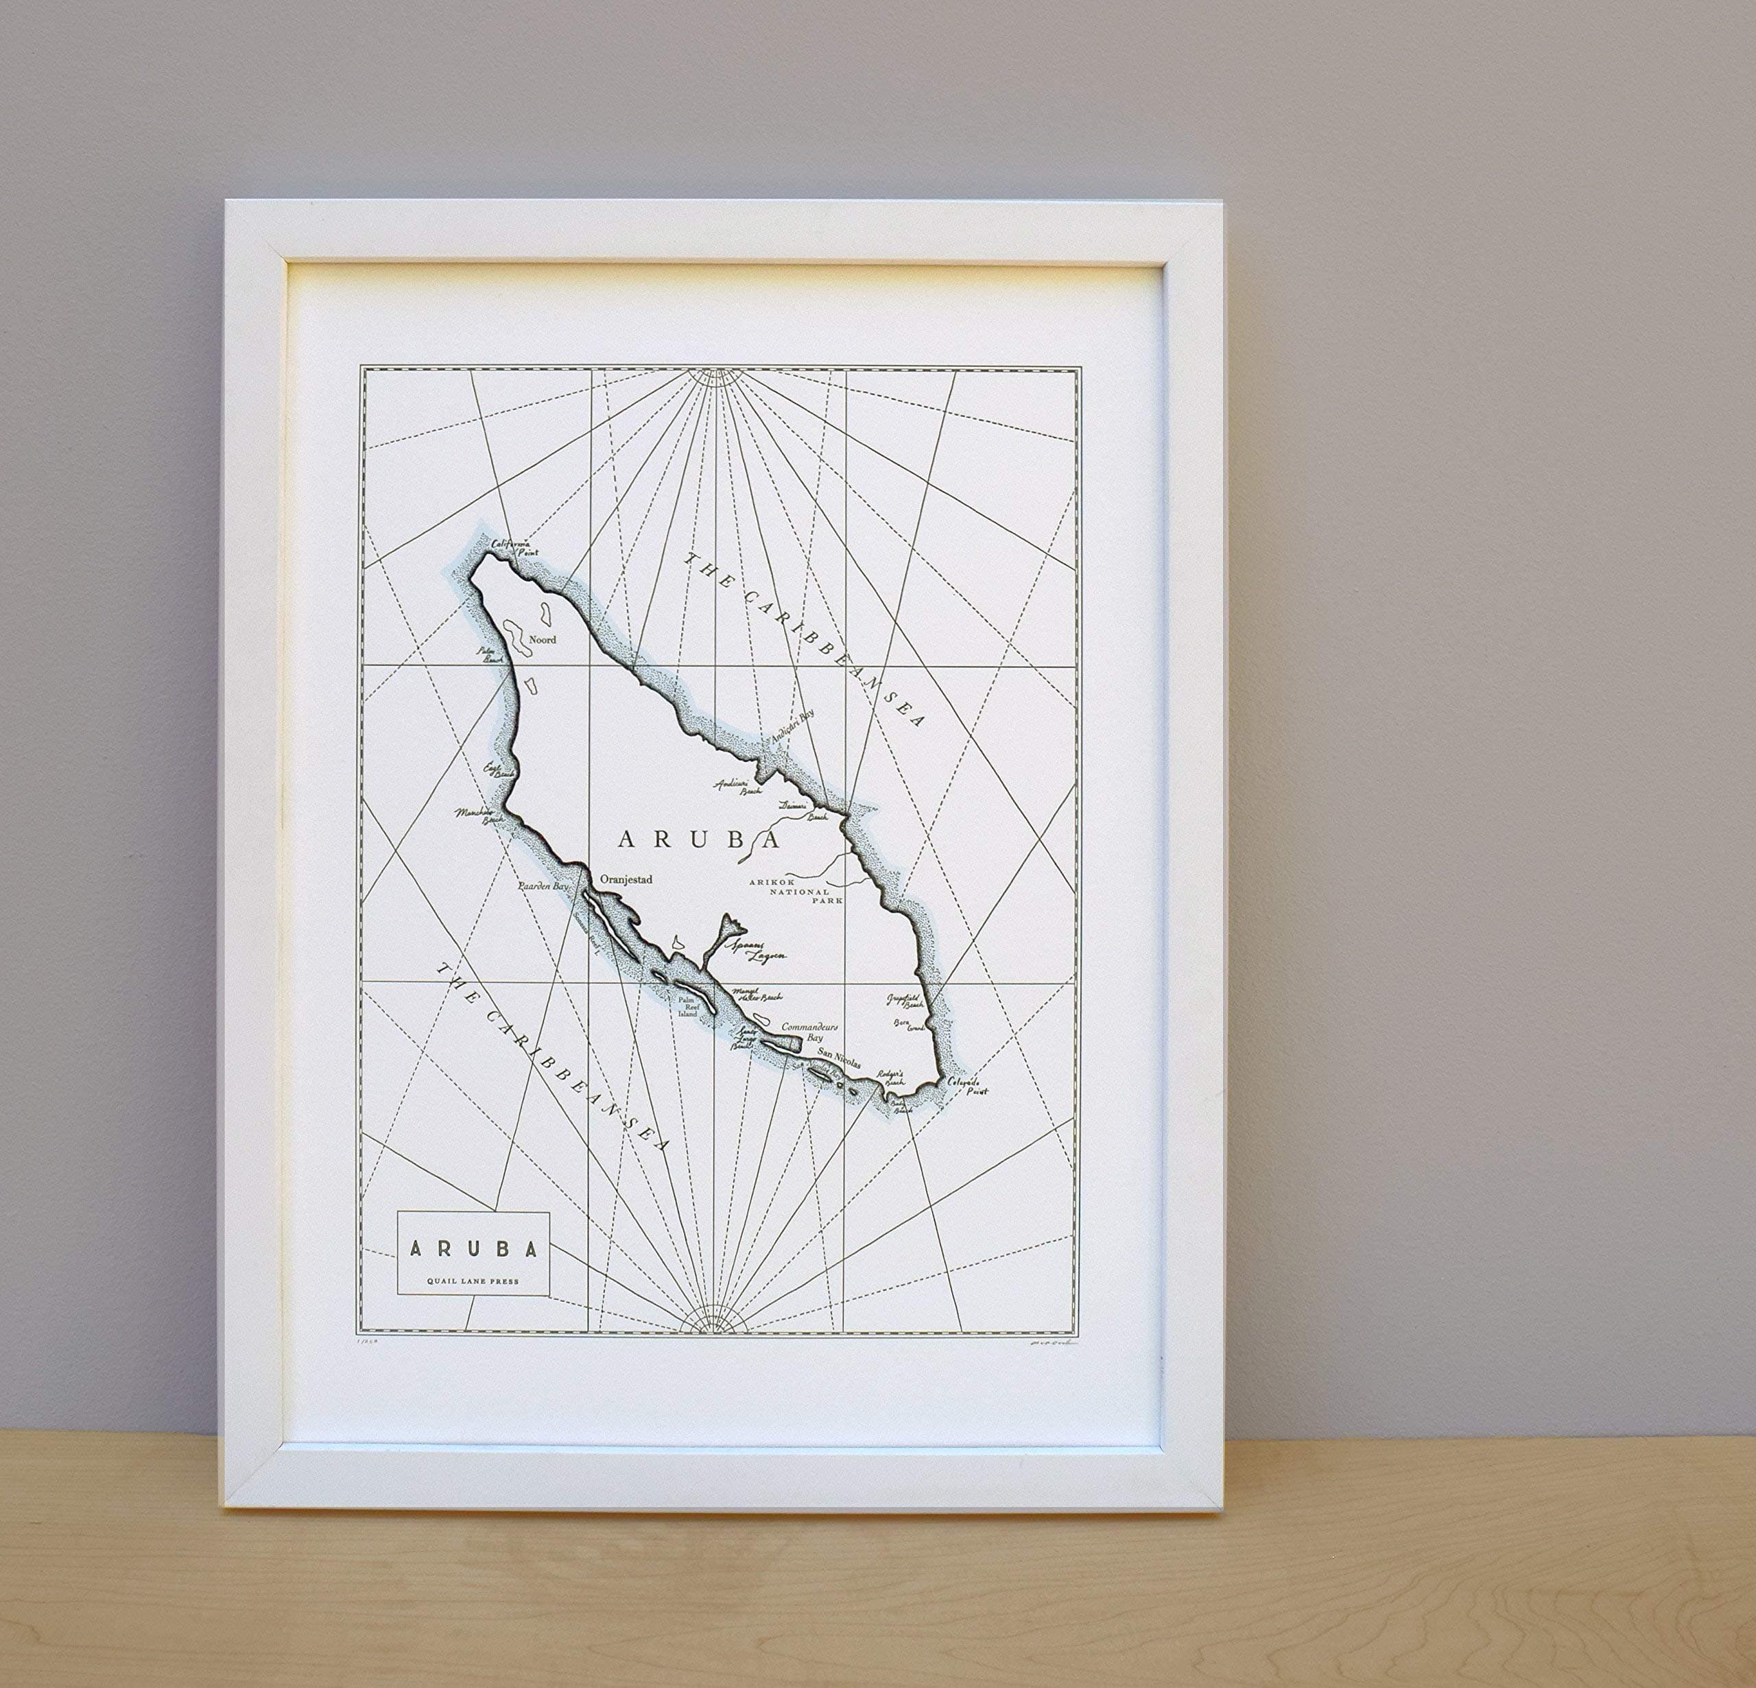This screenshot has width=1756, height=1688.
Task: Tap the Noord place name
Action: click(543, 640)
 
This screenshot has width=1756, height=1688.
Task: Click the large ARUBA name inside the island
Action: click(698, 840)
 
